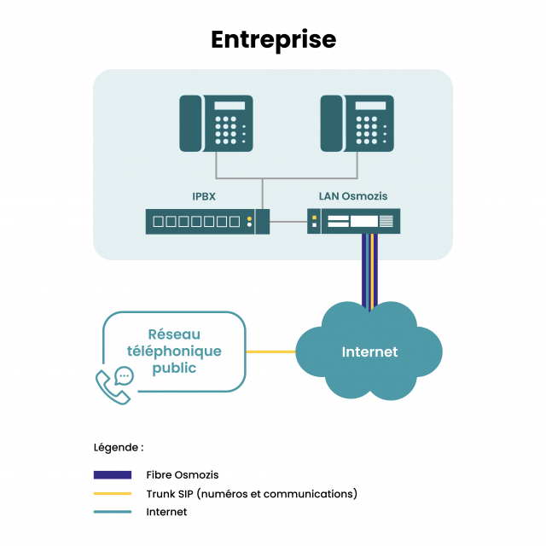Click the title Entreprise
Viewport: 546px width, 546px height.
[273, 39]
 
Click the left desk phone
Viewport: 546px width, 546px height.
[216, 124]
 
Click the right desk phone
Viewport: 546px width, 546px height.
[357, 124]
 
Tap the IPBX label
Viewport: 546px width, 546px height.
[204, 196]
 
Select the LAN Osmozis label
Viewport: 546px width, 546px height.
[353, 196]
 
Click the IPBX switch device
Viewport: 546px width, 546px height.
[207, 222]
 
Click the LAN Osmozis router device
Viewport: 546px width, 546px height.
[353, 222]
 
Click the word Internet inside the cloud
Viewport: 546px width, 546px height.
[369, 351]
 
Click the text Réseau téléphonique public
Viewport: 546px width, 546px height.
[174, 351]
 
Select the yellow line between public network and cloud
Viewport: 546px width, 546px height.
[270, 351]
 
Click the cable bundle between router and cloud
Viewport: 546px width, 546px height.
[369, 269]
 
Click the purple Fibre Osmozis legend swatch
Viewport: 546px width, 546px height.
[112, 474]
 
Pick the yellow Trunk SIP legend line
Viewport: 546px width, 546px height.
[112, 493]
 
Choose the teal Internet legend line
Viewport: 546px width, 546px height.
[112, 512]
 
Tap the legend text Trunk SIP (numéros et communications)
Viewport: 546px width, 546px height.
[252, 493]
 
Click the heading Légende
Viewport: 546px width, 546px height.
[119, 447]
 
